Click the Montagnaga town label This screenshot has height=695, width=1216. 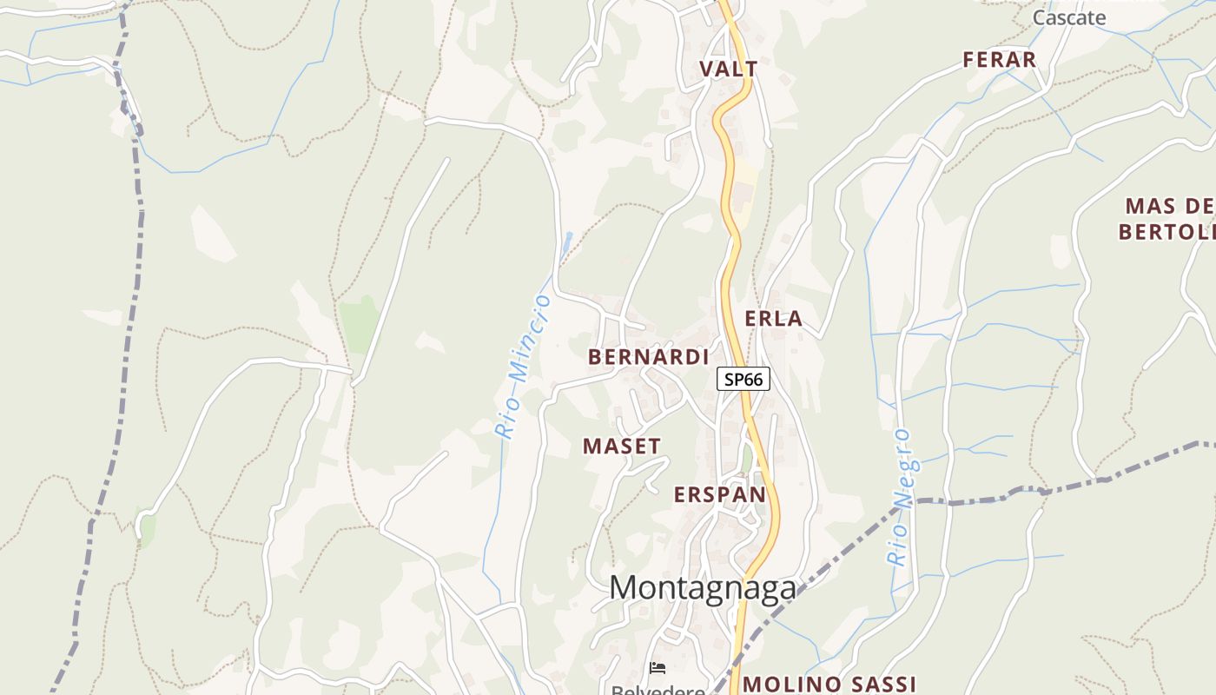tap(702, 588)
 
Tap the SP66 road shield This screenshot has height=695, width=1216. tap(743, 380)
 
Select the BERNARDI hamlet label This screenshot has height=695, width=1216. tap(648, 357)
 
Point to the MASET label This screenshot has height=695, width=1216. tap(621, 447)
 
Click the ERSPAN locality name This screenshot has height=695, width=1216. tap(720, 495)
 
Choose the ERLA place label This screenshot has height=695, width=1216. tap(773, 319)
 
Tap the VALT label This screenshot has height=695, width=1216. tap(728, 69)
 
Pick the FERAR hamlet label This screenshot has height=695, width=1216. tap(999, 60)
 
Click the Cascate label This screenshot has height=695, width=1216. tap(1068, 17)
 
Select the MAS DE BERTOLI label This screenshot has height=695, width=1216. tap(1169, 219)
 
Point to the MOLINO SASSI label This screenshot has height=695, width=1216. tap(829, 684)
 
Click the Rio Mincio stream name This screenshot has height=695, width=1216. tap(523, 366)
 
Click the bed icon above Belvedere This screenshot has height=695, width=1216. tap(658, 668)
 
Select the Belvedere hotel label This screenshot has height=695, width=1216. tap(658, 690)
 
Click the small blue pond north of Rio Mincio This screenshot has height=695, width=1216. tap(567, 240)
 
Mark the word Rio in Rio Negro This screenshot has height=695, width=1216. tap(895, 547)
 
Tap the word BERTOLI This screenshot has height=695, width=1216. tap(1166, 232)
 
